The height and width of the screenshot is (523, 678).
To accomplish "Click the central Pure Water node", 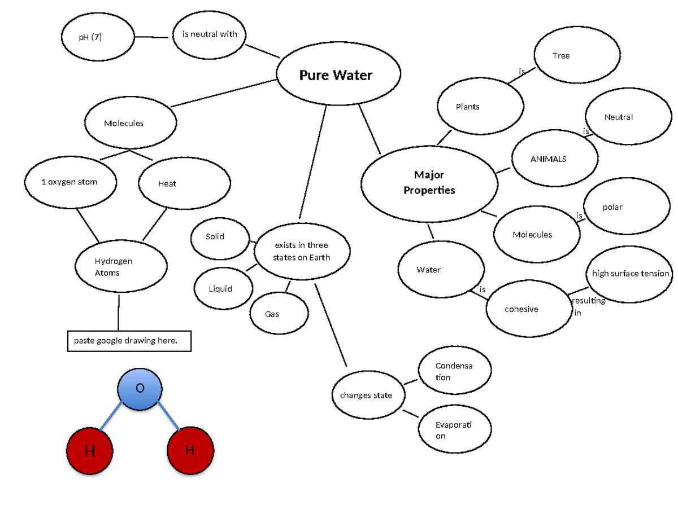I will point(338,75).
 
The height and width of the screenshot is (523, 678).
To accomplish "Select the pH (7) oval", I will point(98,37).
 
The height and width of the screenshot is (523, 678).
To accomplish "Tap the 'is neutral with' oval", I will point(210,35).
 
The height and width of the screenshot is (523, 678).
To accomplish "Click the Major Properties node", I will point(429,182).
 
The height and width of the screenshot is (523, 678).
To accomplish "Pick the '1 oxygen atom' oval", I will point(71,182).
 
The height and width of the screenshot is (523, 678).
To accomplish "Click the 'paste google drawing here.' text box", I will point(129,340).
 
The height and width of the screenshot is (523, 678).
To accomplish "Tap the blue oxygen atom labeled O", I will point(140,389).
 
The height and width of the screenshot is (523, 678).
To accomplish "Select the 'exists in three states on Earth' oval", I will point(302,251).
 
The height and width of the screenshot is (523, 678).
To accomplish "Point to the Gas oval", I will point(279,314).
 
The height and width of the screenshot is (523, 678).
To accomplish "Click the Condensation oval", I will point(454,371).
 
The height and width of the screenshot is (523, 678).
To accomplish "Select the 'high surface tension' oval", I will point(629,274).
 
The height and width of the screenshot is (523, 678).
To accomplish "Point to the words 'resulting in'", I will point(588,306).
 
